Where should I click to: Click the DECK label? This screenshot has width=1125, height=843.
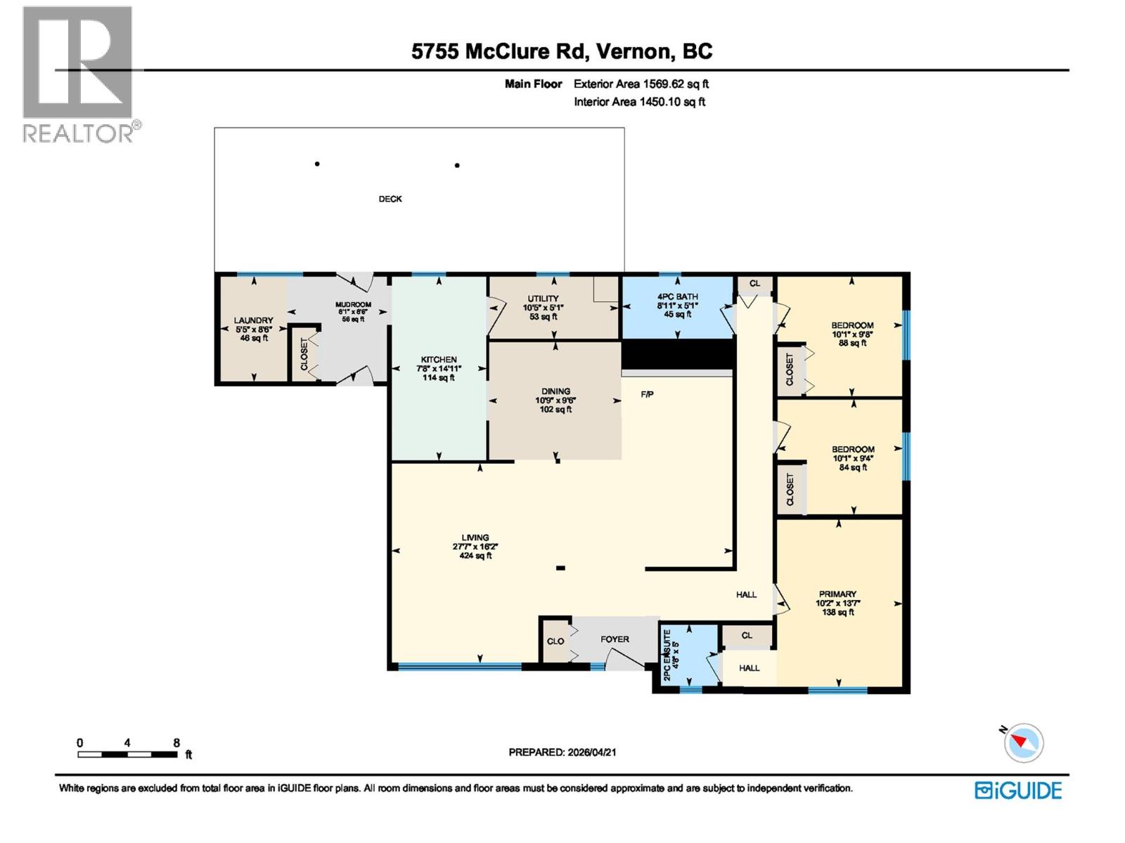tap(390, 199)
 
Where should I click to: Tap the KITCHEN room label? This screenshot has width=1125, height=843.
tap(439, 359)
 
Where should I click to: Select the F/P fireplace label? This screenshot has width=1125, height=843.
tap(647, 394)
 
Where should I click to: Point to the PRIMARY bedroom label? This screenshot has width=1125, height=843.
tap(837, 594)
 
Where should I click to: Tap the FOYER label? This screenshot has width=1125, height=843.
tap(615, 639)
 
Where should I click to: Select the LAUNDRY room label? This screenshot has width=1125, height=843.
tap(253, 320)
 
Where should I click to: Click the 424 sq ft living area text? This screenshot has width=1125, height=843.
tap(475, 556)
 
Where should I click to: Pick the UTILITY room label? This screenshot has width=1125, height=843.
tap(543, 299)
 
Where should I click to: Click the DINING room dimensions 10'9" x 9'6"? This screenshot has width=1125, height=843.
tap(555, 400)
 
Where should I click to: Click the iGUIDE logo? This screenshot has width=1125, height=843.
tap(1018, 790)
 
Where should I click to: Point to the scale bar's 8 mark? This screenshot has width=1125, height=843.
tap(176, 743)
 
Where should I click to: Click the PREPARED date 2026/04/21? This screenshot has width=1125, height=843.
tap(591, 752)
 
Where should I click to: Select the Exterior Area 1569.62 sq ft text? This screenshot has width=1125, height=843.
tap(641, 84)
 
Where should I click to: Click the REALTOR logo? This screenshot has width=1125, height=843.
tap(78, 74)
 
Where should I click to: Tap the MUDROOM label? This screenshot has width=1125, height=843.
tap(353, 304)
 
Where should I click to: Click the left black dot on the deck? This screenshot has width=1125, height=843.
tap(317, 164)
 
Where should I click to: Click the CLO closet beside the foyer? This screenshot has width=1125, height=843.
tap(555, 641)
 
